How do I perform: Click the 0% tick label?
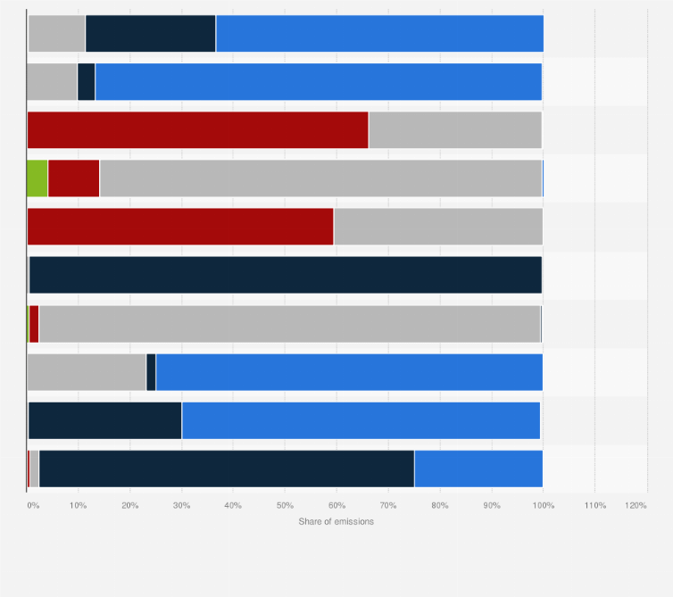pyautogui.click(x=32, y=506)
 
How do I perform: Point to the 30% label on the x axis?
pyautogui.click(x=181, y=506)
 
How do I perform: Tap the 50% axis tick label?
pyautogui.click(x=285, y=506)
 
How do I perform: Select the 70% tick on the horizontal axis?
pyautogui.click(x=388, y=506)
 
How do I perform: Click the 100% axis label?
pyautogui.click(x=543, y=506)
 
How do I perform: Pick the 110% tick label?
pyautogui.click(x=594, y=506)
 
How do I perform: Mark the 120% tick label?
pyautogui.click(x=636, y=506)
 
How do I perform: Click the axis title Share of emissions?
pyautogui.click(x=336, y=521)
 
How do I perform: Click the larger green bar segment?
pyautogui.click(x=37, y=178)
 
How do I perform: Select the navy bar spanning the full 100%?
pyautogui.click(x=286, y=275)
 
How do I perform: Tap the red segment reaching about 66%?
pyautogui.click(x=197, y=130)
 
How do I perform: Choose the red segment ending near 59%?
pyautogui.click(x=180, y=227)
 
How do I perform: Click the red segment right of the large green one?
pyautogui.click(x=73, y=178)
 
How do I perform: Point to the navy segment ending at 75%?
pyautogui.click(x=227, y=468)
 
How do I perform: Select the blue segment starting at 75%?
pyautogui.click(x=478, y=468)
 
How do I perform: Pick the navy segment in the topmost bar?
pyautogui.click(x=150, y=34)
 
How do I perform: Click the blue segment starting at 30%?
pyautogui.click(x=361, y=420)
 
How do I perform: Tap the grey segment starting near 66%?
pyautogui.click(x=455, y=130)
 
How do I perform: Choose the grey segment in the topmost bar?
pyautogui.click(x=56, y=34)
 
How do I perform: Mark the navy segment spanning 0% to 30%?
pyautogui.click(x=104, y=420)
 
